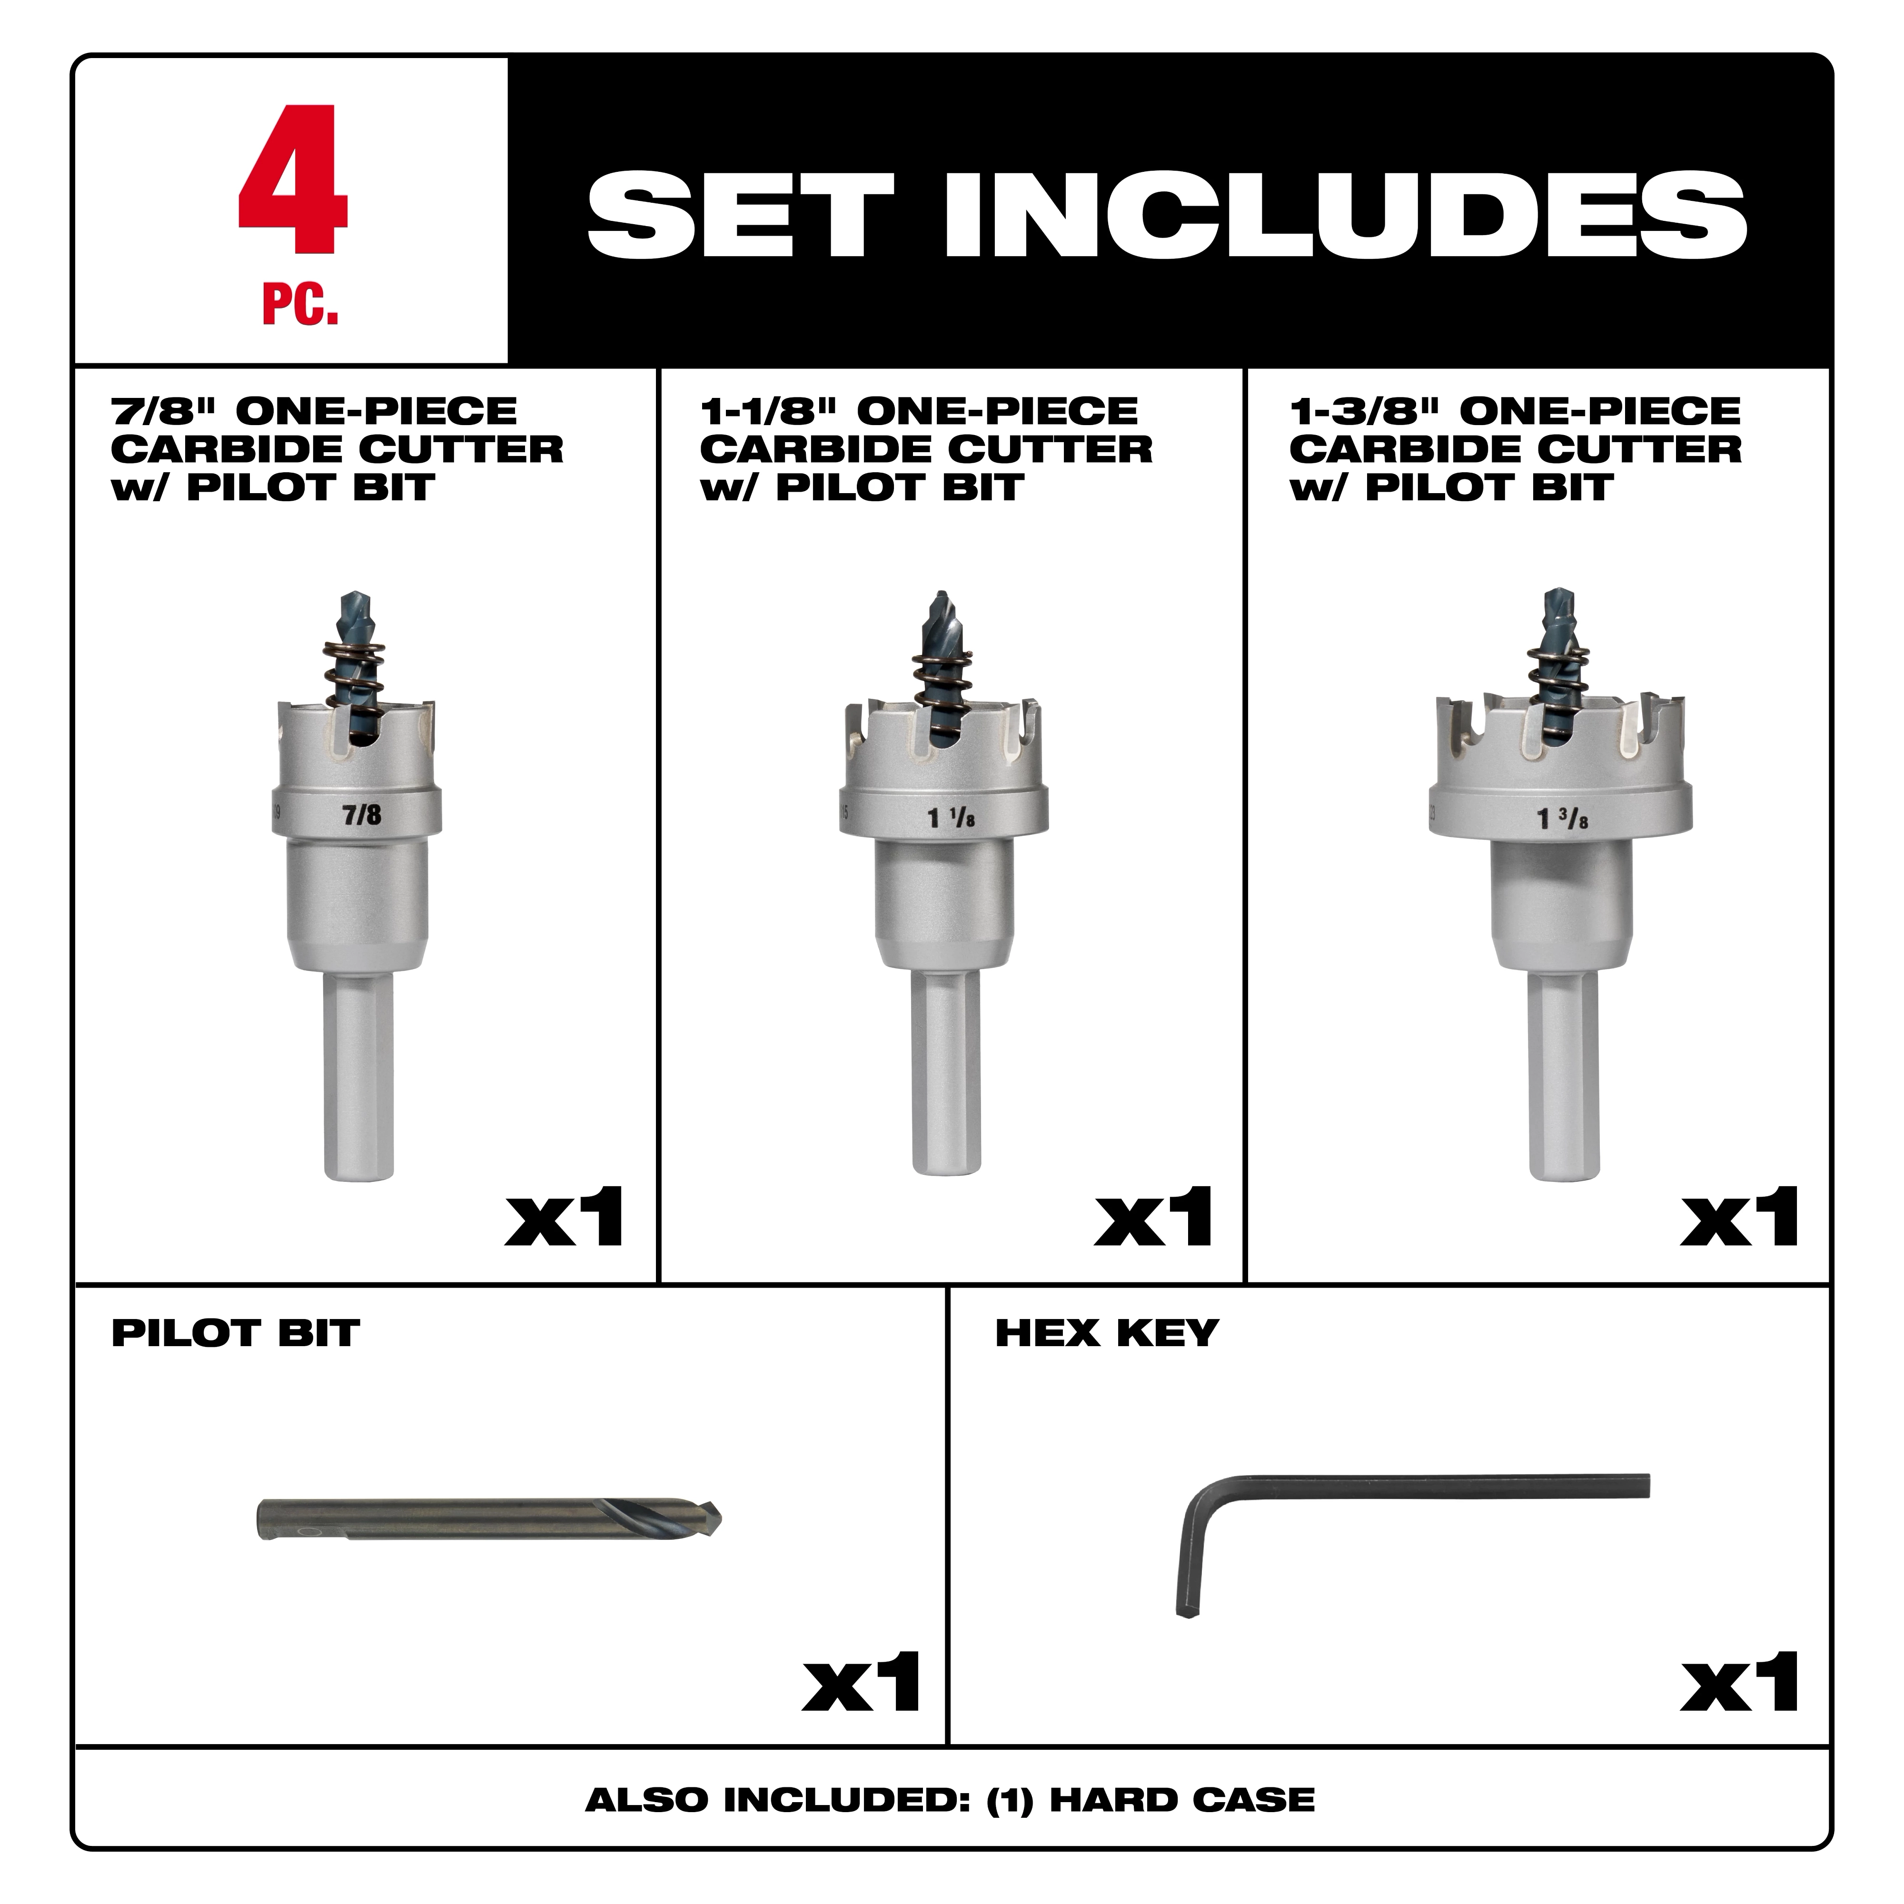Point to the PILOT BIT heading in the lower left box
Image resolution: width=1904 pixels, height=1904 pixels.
(x=235, y=1333)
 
